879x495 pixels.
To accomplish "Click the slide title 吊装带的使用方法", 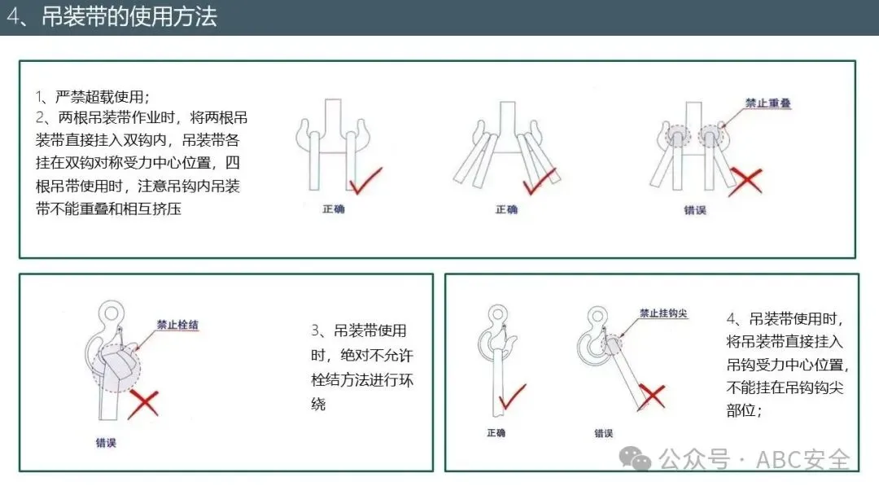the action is (129, 17).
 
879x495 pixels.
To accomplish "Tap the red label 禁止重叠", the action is (767, 103).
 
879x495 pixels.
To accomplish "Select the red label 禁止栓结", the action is (177, 325).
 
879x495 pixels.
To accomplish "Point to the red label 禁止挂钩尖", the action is (663, 313).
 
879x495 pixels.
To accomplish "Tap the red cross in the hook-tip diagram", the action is (652, 396).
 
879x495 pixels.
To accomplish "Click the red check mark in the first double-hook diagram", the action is (365, 181).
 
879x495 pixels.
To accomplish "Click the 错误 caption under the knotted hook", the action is (106, 443).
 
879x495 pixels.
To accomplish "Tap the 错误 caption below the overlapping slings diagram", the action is (694, 210).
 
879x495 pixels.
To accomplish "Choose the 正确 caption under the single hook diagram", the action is (496, 433).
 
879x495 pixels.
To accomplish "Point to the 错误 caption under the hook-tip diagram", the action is (603, 433).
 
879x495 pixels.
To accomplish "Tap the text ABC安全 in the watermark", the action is (802, 460).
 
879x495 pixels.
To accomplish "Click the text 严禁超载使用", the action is (100, 97).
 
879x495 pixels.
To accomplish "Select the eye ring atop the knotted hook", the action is (111, 313).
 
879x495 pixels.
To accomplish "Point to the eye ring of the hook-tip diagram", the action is (597, 318).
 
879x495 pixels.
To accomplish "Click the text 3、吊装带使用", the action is (359, 331).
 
